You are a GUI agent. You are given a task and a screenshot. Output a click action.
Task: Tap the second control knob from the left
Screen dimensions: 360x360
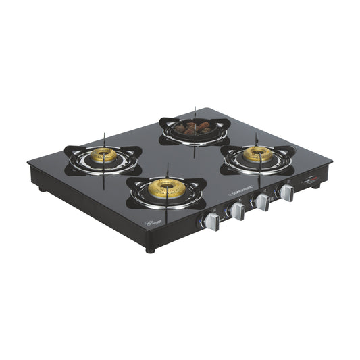[237, 212]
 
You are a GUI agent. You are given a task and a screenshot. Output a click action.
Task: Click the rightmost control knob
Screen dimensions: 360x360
[286, 194]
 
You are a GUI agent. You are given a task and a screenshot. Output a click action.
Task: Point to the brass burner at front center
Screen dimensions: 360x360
[165, 188]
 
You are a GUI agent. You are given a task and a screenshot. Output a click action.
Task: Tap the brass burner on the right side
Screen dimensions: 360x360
[257, 155]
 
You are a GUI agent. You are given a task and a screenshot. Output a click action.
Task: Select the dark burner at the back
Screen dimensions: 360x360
[193, 128]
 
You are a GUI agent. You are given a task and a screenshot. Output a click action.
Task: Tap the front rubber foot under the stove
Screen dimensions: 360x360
[150, 249]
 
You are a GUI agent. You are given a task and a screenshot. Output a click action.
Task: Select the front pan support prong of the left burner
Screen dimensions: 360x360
[103, 177]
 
